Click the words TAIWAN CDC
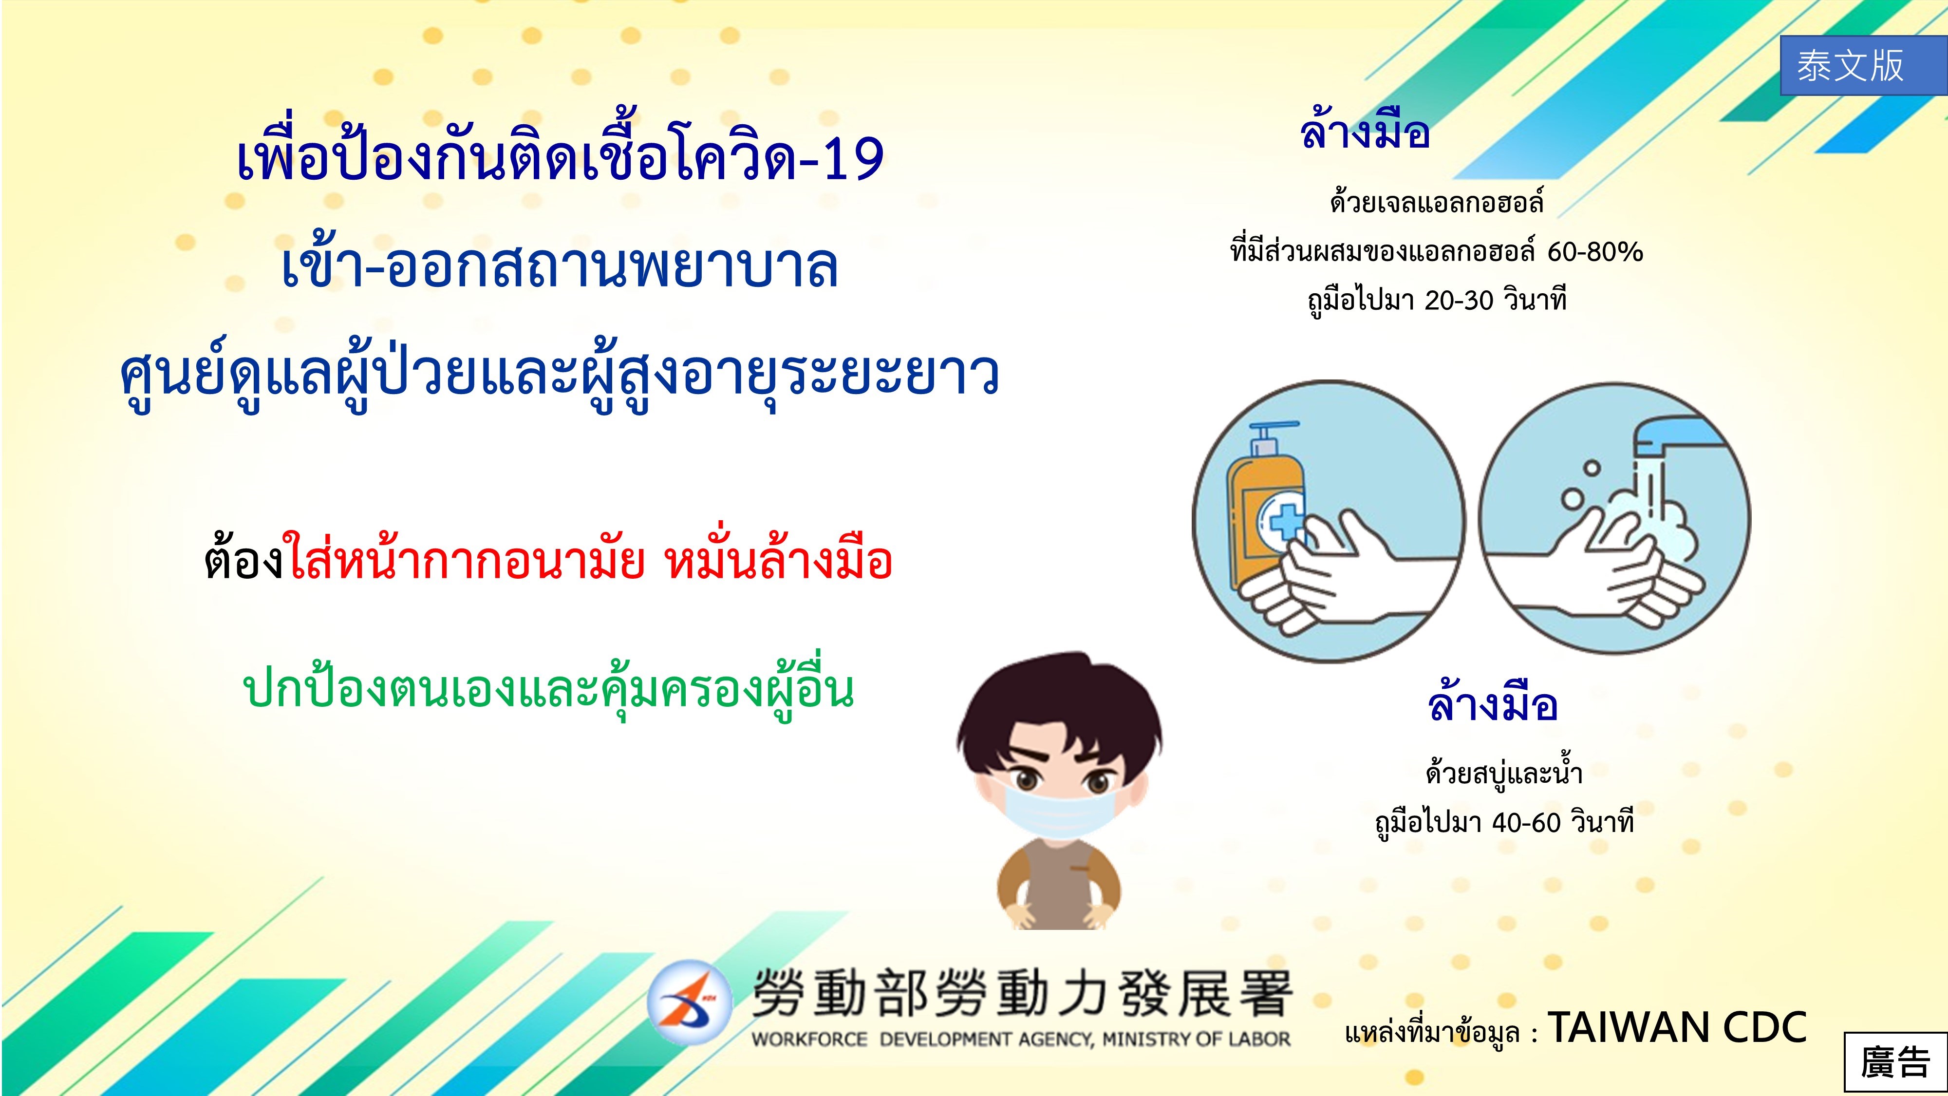(x=1677, y=1027)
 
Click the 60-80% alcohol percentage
(x=1595, y=252)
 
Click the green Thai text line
(x=548, y=689)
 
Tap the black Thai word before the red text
(x=244, y=559)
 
